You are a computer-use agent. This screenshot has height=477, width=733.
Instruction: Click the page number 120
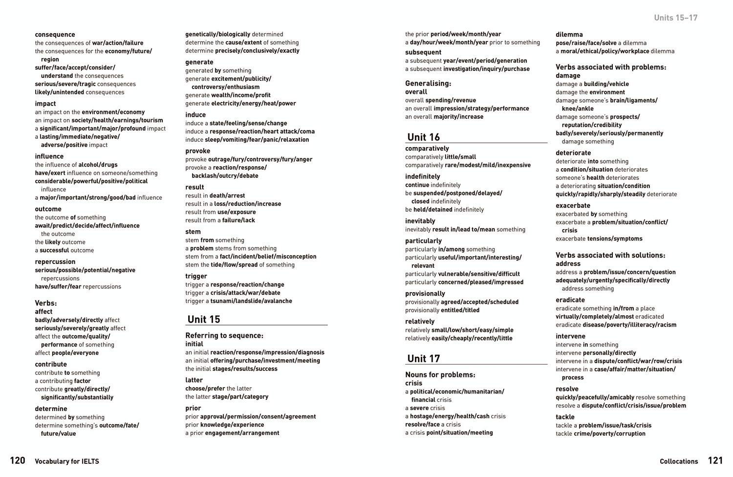18,460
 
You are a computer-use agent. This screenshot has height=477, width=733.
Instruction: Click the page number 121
715,460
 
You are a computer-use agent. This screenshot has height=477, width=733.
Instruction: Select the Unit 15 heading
204,319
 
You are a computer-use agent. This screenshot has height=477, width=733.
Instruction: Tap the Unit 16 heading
423,137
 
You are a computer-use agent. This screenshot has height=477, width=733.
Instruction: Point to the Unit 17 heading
423,358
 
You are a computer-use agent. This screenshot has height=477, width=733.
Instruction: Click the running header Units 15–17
675,18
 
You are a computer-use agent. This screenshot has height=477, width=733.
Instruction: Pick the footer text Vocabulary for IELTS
67,461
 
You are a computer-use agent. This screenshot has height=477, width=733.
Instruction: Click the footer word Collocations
679,461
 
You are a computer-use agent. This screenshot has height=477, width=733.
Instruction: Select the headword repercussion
55,261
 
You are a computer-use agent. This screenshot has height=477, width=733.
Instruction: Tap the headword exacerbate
573,205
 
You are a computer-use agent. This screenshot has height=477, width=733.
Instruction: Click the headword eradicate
570,300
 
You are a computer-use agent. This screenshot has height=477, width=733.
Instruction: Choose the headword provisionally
425,293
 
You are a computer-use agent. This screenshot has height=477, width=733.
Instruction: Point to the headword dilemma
569,34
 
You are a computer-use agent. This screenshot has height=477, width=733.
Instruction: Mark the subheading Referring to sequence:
224,335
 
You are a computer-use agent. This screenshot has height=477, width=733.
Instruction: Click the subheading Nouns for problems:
440,374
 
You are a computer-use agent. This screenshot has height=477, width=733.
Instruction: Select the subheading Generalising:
428,83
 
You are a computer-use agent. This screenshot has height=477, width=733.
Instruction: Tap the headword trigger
195,276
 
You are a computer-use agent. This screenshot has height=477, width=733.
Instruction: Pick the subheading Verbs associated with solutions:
610,255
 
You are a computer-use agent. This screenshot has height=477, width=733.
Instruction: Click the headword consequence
55,34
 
